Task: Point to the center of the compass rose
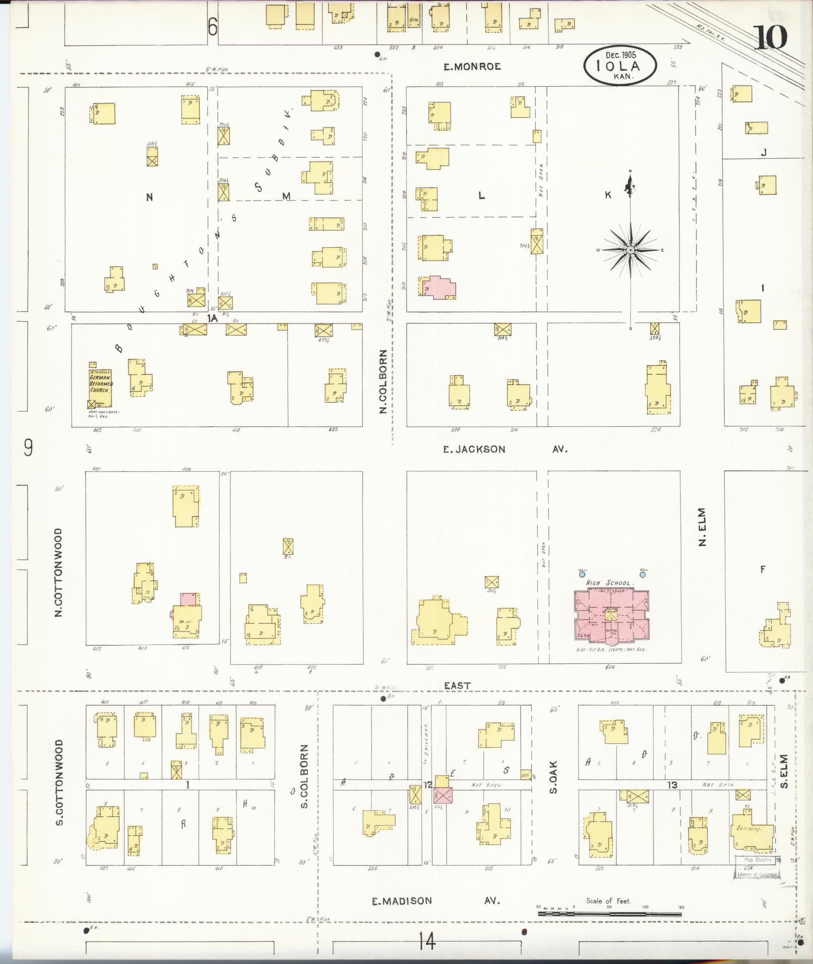(x=631, y=250)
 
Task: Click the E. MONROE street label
(x=472, y=67)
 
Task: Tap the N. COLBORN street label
(x=383, y=382)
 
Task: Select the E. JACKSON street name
(x=474, y=449)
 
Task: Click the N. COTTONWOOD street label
(x=58, y=572)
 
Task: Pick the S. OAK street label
(x=553, y=780)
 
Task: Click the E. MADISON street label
(x=402, y=901)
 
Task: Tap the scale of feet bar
(x=610, y=913)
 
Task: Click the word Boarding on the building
(x=748, y=828)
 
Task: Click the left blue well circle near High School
(x=582, y=574)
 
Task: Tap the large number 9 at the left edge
(x=28, y=447)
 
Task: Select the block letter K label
(x=608, y=195)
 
